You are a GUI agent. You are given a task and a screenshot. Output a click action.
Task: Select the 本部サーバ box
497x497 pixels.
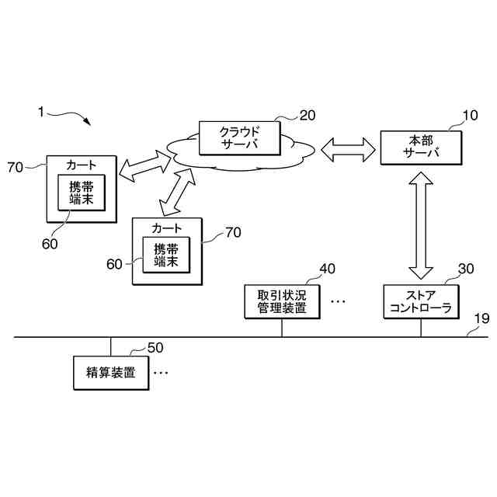[421, 147]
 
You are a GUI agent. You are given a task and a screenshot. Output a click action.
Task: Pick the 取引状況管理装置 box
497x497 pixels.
[281, 302]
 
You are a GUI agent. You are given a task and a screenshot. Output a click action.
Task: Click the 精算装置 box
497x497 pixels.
[111, 374]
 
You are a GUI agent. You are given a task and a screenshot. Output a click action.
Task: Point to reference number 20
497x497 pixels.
[308, 116]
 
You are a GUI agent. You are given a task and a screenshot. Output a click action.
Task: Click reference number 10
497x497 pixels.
[471, 117]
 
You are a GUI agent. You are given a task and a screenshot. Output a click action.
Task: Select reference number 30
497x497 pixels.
[466, 269]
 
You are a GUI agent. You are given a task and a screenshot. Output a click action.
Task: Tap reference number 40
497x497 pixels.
[328, 269]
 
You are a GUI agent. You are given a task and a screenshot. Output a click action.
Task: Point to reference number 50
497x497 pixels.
[155, 347]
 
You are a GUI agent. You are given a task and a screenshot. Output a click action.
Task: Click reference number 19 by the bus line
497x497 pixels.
[481, 318]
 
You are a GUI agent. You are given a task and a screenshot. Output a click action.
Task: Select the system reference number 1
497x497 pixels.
[41, 111]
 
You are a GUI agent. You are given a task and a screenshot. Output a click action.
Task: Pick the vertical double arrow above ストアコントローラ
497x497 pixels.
[421, 225]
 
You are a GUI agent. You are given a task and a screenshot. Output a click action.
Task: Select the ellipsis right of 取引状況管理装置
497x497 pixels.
[338, 301]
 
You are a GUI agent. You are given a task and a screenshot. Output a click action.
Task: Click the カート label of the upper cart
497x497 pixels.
[81, 165]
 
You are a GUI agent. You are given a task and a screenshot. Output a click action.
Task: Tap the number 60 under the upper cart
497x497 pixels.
[50, 243]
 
